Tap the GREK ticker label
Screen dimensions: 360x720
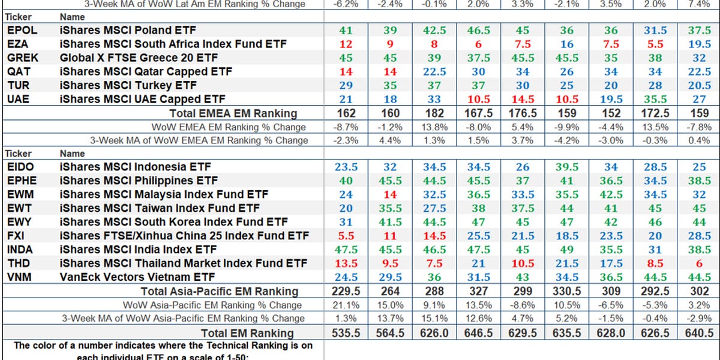[23, 58]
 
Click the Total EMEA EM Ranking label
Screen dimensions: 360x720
[233, 113]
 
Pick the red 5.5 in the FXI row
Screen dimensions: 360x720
[346, 236]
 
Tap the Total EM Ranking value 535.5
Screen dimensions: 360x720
[346, 333]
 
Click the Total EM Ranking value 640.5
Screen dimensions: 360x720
[698, 333]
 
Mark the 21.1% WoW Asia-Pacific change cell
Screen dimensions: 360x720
[346, 305]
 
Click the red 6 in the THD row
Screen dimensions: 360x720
[698, 263]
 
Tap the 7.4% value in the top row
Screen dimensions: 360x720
[698, 4]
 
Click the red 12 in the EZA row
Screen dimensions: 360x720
[346, 44]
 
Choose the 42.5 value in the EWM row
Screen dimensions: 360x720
[610, 194]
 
